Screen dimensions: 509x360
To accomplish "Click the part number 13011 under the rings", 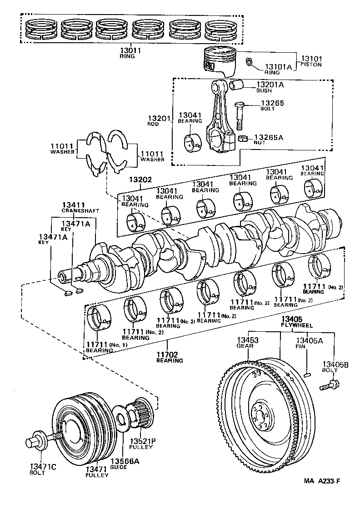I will tap(130, 50).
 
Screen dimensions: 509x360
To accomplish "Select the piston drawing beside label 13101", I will tap(220, 62).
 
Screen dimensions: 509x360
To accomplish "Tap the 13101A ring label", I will tap(278, 67).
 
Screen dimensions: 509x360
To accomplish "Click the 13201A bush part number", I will tap(270, 85).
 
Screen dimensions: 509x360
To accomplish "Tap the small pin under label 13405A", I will tap(308, 374).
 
